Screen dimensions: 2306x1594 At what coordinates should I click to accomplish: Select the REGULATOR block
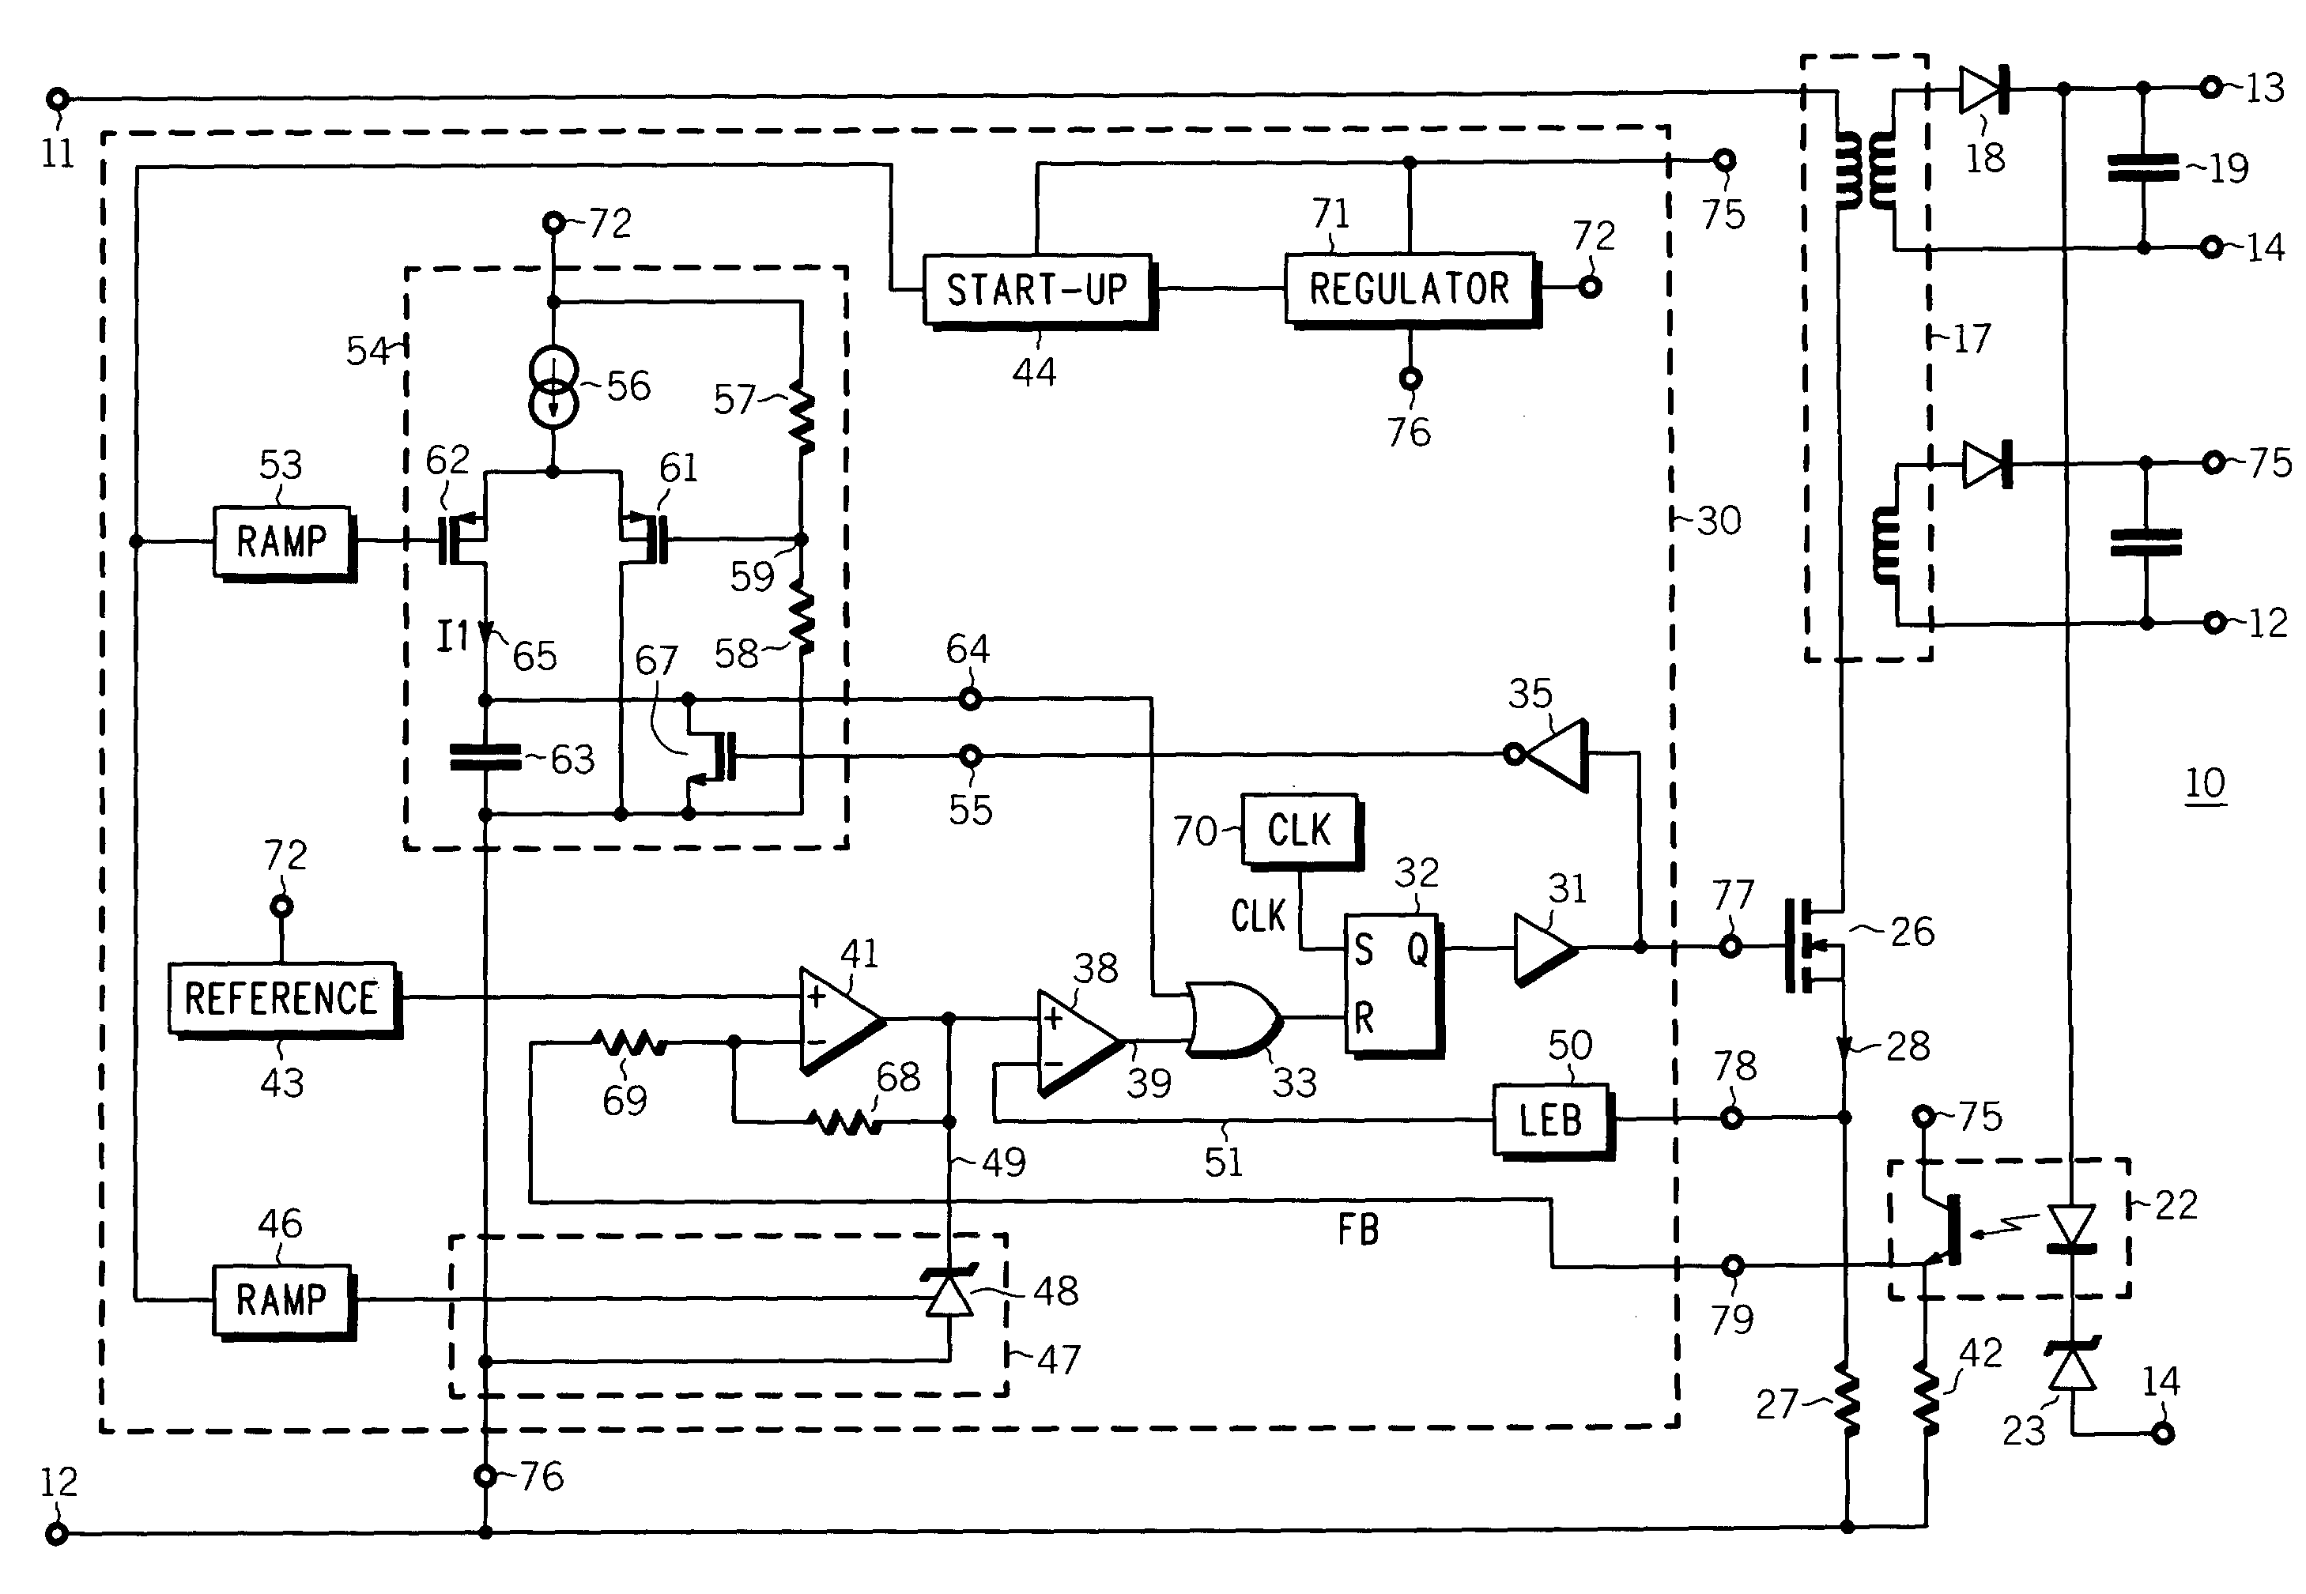coord(1412,289)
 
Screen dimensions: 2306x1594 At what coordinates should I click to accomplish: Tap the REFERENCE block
coord(284,1000)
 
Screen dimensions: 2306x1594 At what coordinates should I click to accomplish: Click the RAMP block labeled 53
coord(284,543)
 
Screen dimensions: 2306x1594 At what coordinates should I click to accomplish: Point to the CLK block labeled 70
coord(1301,831)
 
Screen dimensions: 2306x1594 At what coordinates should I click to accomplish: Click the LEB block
coord(1553,1121)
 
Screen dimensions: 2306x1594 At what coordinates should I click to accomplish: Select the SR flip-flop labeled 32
coord(1393,985)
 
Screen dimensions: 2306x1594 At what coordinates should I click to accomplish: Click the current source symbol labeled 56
coord(553,386)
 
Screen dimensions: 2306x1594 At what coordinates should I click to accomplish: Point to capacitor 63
coord(485,758)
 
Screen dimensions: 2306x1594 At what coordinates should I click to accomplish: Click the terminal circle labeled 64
coord(970,699)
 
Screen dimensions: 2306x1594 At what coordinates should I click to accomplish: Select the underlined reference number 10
coord(2205,784)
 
